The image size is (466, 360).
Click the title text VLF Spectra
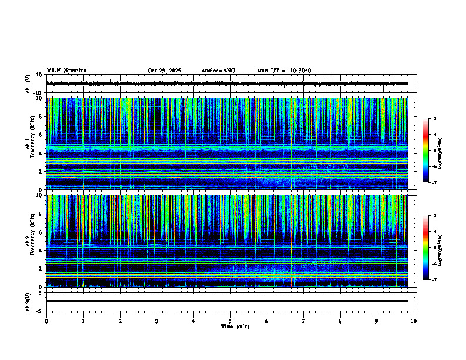tap(66, 71)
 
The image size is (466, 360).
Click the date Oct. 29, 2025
tap(164, 71)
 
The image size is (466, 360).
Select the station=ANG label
tap(218, 71)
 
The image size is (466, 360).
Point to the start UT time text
tap(284, 71)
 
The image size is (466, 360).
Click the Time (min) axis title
tap(235, 326)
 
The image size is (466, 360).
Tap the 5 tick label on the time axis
tap(231, 321)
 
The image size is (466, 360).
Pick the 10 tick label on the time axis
tap(414, 321)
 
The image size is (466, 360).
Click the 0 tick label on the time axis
tap(46, 321)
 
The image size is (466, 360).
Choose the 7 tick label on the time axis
tap(304, 321)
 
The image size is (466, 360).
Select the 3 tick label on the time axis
tap(157, 321)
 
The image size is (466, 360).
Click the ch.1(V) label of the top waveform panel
tap(28, 84)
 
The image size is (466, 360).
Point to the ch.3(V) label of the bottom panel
tap(28, 301)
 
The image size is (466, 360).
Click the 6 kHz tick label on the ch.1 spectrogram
tap(40, 135)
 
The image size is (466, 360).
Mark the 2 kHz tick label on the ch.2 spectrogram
tap(40, 269)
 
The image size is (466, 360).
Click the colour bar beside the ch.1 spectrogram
tap(430, 150)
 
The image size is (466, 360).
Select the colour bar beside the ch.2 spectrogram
tap(430, 247)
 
